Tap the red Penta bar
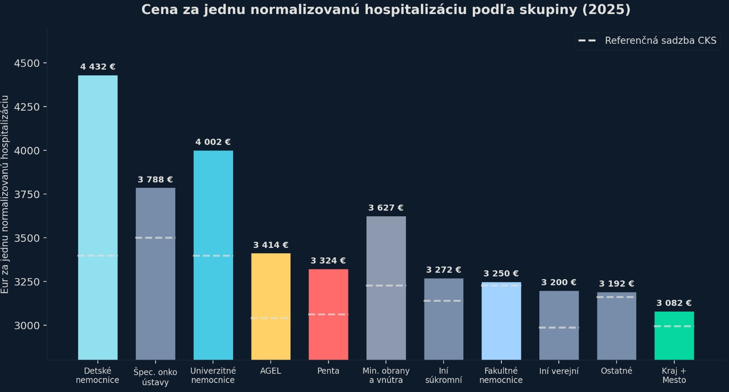[328, 314]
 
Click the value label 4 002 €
[213, 142]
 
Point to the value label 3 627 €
[386, 208]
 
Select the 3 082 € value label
[674, 303]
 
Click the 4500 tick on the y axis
[26, 63]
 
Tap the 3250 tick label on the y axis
[26, 282]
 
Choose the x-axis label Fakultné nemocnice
[501, 376]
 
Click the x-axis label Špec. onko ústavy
[155, 377]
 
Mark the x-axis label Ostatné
[616, 371]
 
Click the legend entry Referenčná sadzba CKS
[660, 41]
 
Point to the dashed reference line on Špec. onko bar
[155, 238]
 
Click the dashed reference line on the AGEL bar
[271, 318]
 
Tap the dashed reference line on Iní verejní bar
[559, 327]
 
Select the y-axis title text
[5, 194]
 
